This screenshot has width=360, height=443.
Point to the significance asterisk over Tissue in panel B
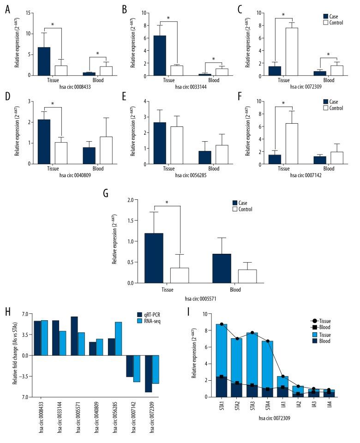pyautogui.click(x=168, y=18)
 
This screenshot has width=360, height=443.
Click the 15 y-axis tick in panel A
pyautogui.click(x=29, y=13)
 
